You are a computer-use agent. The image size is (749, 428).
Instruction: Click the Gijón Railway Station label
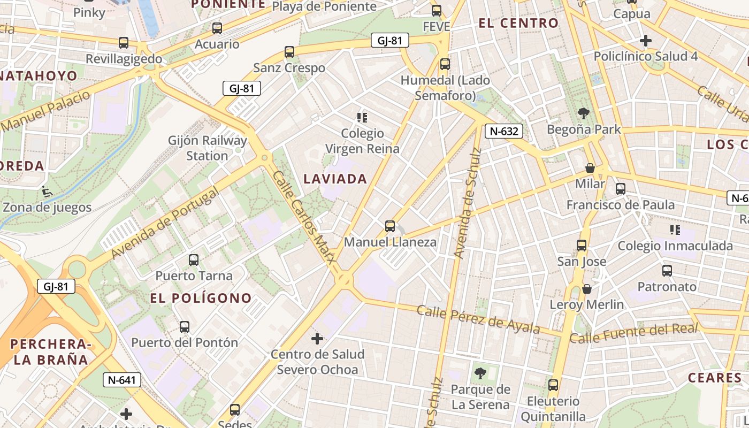point(208,148)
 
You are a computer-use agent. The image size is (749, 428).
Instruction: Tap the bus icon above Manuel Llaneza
point(390,226)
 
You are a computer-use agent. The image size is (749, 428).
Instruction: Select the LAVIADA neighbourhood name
point(335,179)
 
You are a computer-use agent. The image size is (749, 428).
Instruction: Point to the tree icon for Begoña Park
point(584,113)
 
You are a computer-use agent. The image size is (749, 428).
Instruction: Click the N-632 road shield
point(503,131)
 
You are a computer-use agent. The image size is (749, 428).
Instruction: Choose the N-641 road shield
point(122,380)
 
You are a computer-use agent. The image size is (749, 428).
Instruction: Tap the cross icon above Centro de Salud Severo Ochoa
point(317,339)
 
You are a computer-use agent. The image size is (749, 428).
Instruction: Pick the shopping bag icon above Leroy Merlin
point(587,289)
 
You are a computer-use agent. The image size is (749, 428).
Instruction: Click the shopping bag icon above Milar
point(590,168)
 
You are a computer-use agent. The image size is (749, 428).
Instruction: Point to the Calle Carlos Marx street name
point(304,217)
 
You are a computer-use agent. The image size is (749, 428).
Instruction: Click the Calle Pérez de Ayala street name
point(478,318)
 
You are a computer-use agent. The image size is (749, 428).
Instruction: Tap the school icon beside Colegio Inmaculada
point(675,230)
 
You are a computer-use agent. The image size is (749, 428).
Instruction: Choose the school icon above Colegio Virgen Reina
point(362,117)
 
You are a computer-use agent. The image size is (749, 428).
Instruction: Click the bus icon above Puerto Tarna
point(194,260)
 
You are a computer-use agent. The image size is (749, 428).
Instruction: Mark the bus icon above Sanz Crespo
point(289,52)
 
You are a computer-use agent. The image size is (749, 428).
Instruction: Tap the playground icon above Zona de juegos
point(47,190)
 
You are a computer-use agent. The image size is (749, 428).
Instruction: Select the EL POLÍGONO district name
point(201,299)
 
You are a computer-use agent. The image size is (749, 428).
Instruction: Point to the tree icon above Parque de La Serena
point(480,373)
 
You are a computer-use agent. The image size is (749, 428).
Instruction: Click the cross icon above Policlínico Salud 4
point(646,41)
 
